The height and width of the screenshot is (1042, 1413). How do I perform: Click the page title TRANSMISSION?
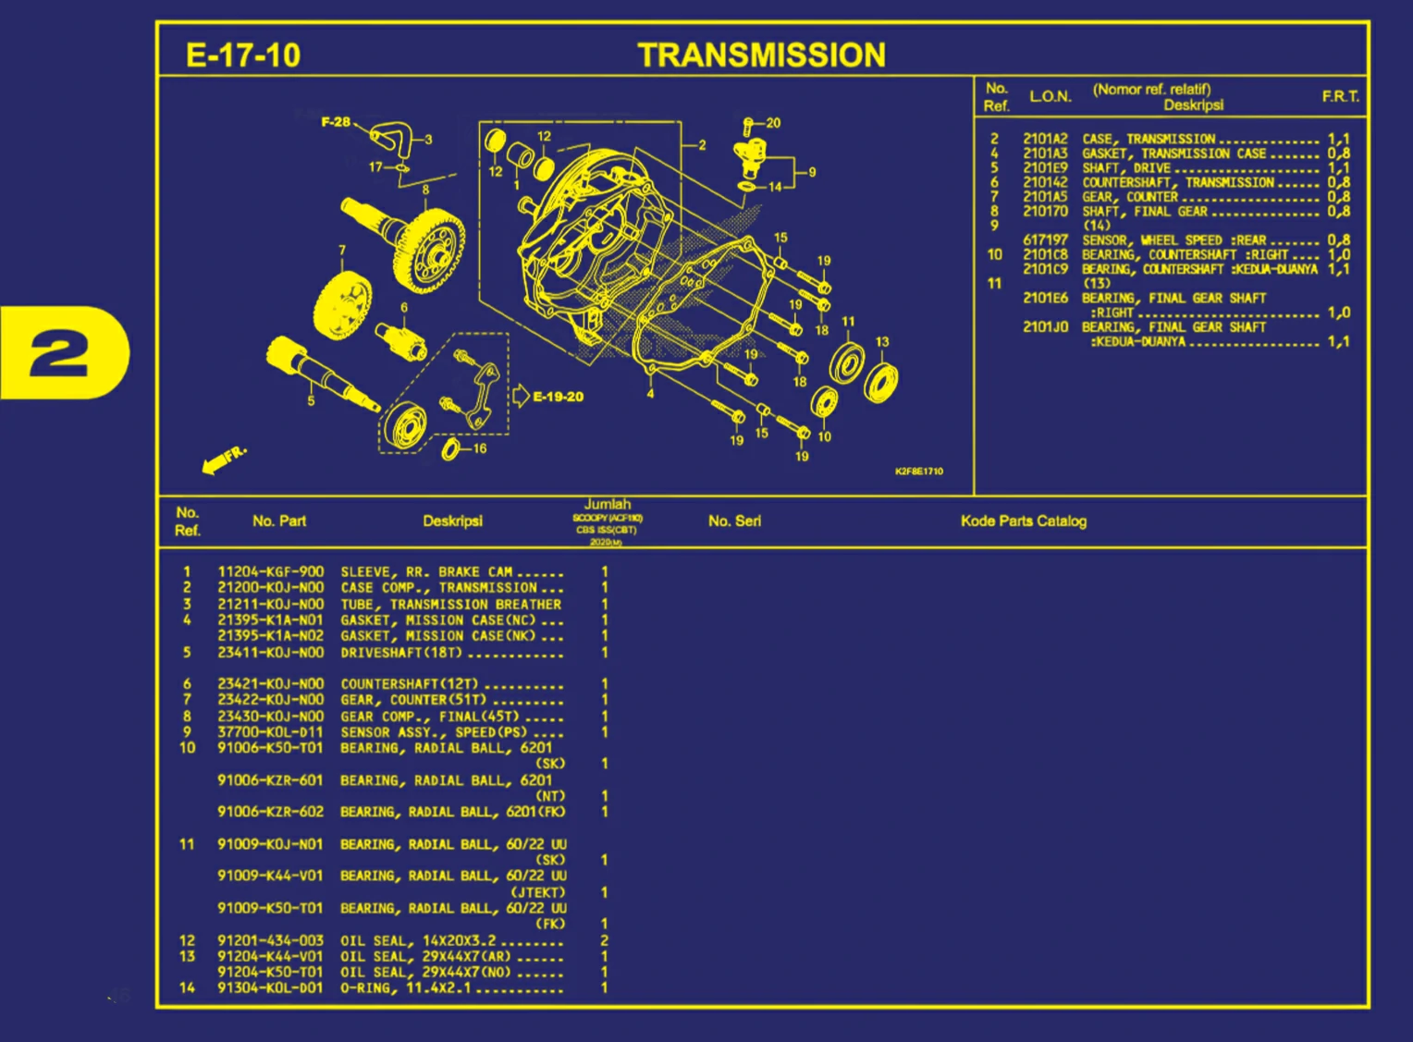(x=761, y=55)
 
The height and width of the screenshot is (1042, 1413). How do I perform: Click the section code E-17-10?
(x=243, y=55)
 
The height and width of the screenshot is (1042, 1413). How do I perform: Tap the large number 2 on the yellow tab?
(x=59, y=353)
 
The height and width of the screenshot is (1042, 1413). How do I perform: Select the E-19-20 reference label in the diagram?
(x=558, y=397)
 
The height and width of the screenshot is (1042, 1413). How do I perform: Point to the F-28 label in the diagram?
(x=336, y=122)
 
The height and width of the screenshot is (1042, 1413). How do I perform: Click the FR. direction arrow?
(x=224, y=458)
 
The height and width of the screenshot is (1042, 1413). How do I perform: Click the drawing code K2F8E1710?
(x=918, y=472)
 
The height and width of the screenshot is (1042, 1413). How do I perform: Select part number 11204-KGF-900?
(x=270, y=572)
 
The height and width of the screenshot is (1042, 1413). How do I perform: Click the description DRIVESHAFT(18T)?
(x=401, y=653)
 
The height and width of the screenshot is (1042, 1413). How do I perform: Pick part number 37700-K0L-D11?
(x=270, y=732)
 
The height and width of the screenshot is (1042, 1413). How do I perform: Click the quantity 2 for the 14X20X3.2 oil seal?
(x=604, y=940)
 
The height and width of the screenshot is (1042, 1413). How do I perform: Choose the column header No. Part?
(x=278, y=521)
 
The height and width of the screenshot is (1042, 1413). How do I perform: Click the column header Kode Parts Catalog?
(x=1023, y=521)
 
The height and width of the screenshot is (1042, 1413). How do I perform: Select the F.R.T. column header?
(x=1340, y=96)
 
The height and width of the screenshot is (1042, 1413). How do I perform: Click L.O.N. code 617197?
(x=1045, y=240)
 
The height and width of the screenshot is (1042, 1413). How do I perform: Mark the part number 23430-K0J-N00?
(x=270, y=717)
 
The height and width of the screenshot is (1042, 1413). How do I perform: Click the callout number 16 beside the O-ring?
(x=480, y=448)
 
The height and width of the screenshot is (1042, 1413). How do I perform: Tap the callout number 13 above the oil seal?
(x=882, y=342)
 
